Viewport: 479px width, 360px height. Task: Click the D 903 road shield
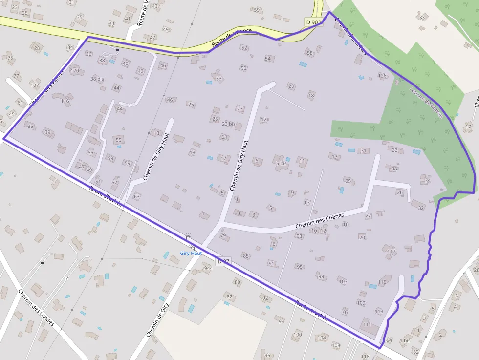(313, 22)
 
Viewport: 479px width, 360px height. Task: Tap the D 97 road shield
(223, 262)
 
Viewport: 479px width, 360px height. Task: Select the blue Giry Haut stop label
(191, 253)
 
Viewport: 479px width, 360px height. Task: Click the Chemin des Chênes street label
(320, 221)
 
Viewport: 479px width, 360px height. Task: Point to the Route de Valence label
(232, 38)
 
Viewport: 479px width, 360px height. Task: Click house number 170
(74, 71)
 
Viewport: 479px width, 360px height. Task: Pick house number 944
(209, 268)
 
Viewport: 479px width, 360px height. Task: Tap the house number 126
(382, 76)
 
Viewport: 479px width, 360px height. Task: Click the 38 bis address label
(97, 79)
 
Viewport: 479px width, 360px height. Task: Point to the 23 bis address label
(228, 124)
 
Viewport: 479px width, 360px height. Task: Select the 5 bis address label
(281, 163)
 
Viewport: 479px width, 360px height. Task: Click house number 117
(391, 252)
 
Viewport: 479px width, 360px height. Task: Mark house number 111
(367, 325)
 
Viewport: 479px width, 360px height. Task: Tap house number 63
(137, 197)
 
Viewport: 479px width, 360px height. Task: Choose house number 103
(343, 281)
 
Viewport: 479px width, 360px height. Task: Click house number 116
(65, 101)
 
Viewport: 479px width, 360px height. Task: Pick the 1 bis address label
(405, 340)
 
